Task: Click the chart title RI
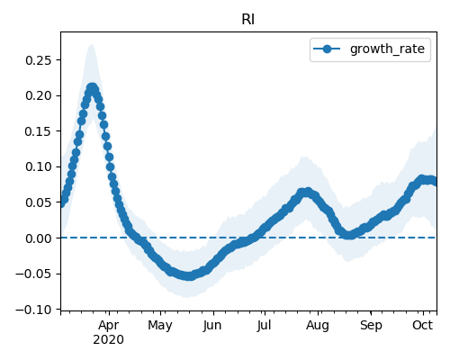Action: [x=248, y=20]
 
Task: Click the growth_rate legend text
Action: [x=387, y=49]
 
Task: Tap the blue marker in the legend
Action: [x=327, y=49]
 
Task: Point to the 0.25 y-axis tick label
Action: [x=39, y=60]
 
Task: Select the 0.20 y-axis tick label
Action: [x=39, y=95]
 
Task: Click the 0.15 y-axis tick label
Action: [x=39, y=131]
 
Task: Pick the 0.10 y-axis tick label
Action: [x=39, y=166]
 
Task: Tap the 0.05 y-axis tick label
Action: [x=39, y=202]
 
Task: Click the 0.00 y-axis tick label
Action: [x=39, y=238]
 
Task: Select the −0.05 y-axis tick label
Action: [x=34, y=274]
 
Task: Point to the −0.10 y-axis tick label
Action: [x=34, y=310]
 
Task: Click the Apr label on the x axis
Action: [x=109, y=325]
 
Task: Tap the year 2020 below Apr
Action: [x=109, y=339]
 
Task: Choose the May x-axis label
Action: [x=160, y=326]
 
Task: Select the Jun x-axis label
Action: [x=212, y=325]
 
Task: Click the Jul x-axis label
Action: [x=264, y=325]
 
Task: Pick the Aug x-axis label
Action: [x=318, y=326]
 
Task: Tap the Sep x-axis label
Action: [x=371, y=326]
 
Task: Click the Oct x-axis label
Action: [x=423, y=325]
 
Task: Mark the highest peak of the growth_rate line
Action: [x=92, y=88]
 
